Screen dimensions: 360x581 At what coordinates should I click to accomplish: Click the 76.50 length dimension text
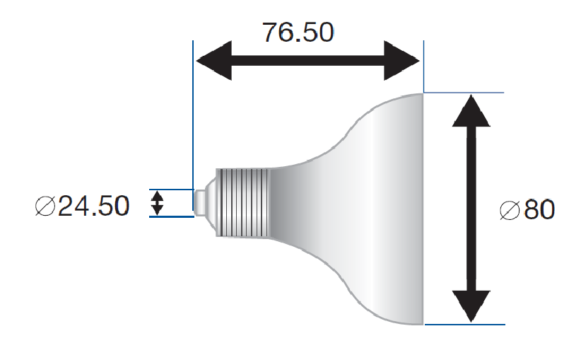[x=298, y=32]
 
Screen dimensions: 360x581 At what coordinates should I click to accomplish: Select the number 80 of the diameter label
[x=539, y=210]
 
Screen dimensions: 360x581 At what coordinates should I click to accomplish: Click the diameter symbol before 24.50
[x=46, y=207]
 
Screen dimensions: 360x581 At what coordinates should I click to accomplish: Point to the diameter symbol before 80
[x=510, y=210]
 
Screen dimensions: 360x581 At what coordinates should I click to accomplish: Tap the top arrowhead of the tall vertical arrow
[x=470, y=110]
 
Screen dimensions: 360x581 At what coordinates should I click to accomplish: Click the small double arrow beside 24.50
[x=158, y=204]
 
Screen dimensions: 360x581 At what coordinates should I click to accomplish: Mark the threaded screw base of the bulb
[x=242, y=202]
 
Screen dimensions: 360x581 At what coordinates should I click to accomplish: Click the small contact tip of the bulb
[x=200, y=202]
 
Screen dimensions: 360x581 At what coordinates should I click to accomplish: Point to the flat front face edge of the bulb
[x=423, y=209]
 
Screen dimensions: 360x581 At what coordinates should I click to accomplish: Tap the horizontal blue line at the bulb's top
[x=463, y=93]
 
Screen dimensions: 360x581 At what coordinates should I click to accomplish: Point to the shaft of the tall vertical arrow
[x=470, y=209]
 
